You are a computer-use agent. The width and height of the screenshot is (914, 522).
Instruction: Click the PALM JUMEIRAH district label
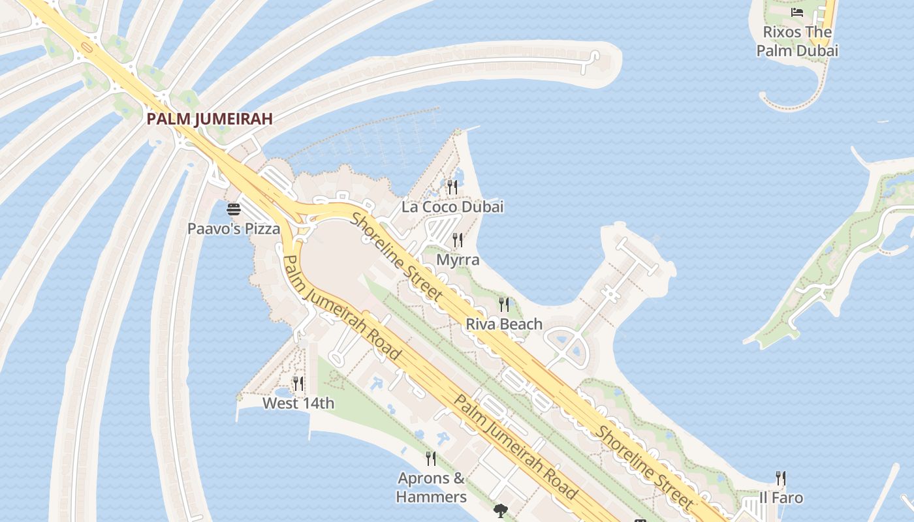point(210,119)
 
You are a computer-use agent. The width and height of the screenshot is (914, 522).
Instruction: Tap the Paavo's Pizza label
point(234,229)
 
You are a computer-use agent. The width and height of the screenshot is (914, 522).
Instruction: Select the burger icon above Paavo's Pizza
point(234,209)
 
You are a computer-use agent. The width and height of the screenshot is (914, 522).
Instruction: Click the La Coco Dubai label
point(452,207)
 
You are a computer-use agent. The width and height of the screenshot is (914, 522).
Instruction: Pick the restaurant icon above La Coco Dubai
point(452,187)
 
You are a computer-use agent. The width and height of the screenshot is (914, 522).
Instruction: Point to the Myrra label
point(458,260)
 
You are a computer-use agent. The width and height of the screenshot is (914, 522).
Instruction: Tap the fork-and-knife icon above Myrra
point(458,240)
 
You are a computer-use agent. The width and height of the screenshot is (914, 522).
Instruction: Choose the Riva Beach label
point(504,324)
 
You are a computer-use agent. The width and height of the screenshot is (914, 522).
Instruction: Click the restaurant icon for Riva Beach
point(504,304)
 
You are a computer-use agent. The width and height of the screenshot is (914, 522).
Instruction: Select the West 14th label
point(298,403)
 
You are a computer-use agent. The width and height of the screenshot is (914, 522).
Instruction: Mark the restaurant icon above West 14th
point(298,384)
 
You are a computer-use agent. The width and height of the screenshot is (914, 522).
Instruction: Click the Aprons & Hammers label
point(432,487)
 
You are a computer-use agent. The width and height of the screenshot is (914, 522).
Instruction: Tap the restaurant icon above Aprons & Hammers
point(431,459)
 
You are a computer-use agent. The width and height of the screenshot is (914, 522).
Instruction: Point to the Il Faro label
point(781,498)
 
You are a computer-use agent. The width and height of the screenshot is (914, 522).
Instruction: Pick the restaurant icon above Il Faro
point(780,478)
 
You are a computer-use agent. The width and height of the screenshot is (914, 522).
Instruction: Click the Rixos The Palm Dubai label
point(797,41)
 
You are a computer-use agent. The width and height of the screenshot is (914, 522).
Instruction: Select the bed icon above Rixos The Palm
point(797,12)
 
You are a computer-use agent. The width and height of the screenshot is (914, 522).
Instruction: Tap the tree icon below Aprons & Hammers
point(501,510)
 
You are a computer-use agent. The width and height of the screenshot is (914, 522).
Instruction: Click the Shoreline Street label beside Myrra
point(398,257)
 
